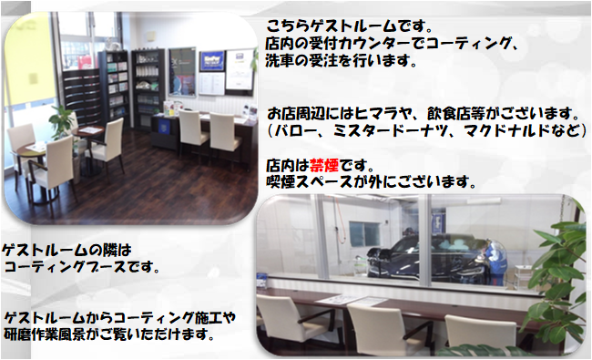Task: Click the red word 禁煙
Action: [x=324, y=166]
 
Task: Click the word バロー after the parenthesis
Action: [x=295, y=130]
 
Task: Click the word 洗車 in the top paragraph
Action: [x=280, y=60]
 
